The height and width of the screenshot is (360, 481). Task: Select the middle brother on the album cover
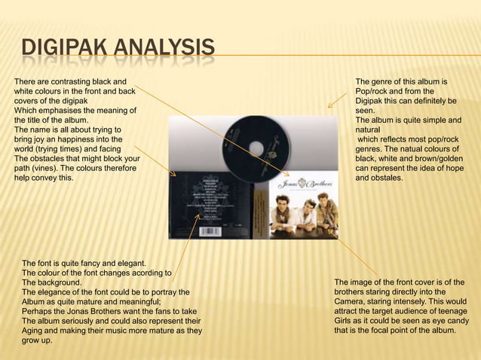pyautogui.click(x=305, y=207)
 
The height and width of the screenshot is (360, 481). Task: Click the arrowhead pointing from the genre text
pyautogui.click(x=330, y=105)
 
